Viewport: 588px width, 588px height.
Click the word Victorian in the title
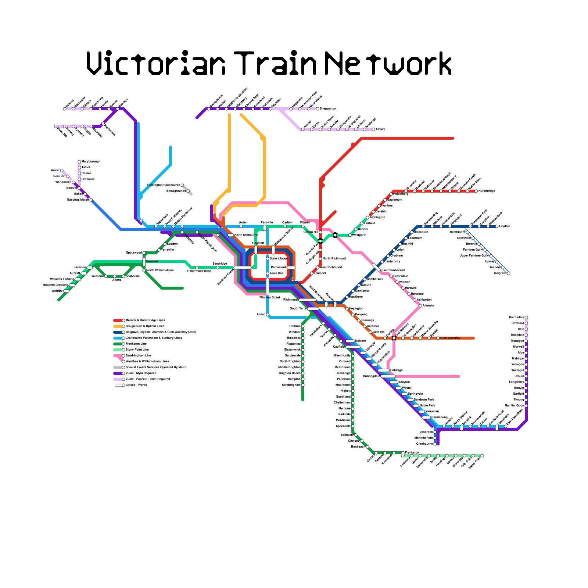click(x=156, y=63)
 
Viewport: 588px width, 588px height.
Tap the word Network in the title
click(x=388, y=63)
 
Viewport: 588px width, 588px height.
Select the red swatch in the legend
click(x=118, y=320)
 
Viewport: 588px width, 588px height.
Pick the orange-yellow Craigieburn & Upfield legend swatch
click(x=118, y=326)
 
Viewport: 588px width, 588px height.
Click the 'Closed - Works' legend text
click(x=136, y=385)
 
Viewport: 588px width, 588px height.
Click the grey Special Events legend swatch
click(x=118, y=367)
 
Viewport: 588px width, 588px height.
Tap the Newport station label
click(x=152, y=262)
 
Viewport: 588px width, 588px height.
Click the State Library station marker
click(x=268, y=259)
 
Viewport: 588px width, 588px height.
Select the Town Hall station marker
click(x=268, y=273)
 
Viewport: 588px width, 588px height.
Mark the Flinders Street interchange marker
click(x=268, y=287)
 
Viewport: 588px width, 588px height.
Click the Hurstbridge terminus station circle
click(x=476, y=191)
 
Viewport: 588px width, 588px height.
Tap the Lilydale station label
click(x=505, y=226)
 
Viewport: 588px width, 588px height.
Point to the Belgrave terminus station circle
click(x=509, y=273)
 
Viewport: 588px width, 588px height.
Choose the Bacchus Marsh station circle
click(x=91, y=200)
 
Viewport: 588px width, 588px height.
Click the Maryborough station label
click(x=91, y=162)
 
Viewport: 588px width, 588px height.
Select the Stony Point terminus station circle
click(x=482, y=456)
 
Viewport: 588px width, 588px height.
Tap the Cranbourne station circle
click(x=435, y=444)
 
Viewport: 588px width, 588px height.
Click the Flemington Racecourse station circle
click(x=182, y=185)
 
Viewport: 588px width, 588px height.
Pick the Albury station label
click(x=380, y=129)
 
